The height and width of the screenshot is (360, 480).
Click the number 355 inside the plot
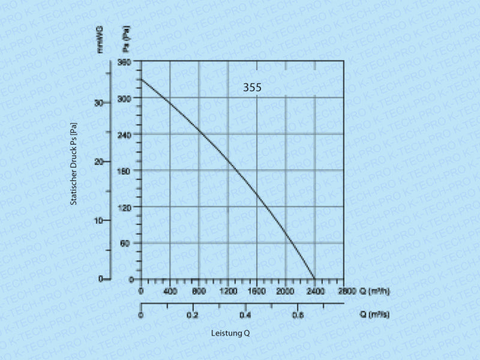(252, 87)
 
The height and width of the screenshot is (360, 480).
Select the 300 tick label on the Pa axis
(124, 98)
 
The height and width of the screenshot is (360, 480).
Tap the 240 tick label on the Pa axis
(124, 134)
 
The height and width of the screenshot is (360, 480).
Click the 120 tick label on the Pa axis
(124, 207)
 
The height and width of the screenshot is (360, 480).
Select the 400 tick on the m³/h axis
(170, 292)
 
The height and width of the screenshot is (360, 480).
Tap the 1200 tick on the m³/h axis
(227, 292)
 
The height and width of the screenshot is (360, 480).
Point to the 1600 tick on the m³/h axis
(256, 292)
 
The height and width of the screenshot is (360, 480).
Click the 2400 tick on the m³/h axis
(314, 292)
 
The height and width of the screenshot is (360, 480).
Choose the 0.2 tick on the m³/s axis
(193, 314)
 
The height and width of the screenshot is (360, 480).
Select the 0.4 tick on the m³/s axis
(245, 314)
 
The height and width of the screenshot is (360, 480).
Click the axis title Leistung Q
(230, 332)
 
